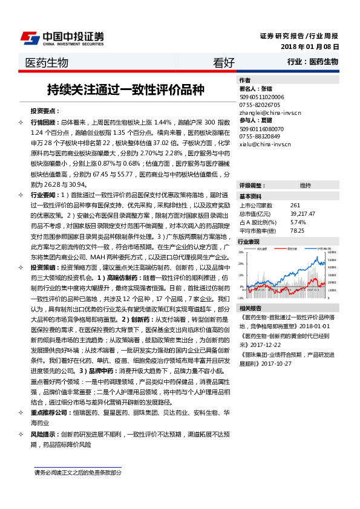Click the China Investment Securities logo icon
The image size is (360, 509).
tap(30, 37)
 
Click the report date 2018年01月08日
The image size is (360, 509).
tap(310, 47)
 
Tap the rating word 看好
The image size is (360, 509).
tap(224, 63)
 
